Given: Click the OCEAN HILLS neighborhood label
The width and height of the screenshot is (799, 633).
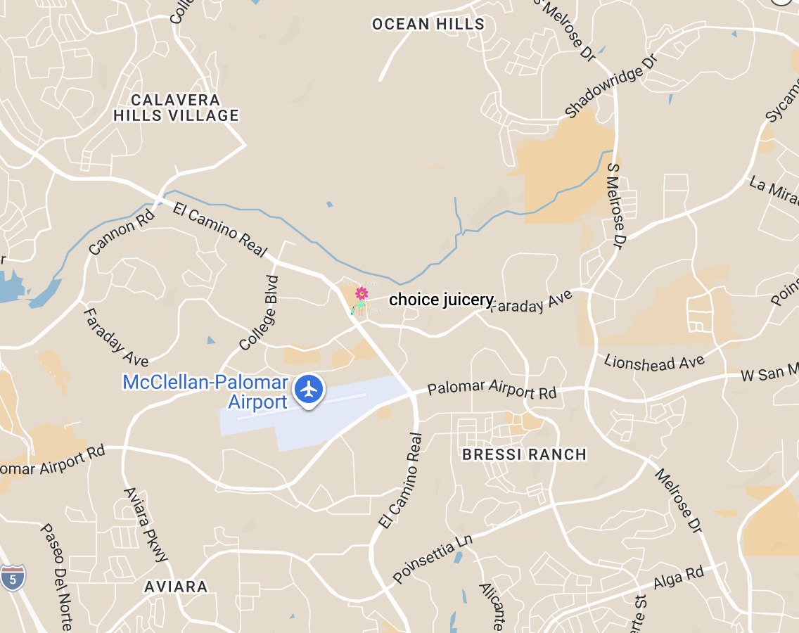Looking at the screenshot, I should coord(428,24).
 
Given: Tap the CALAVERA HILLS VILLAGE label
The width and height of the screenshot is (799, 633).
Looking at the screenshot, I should coord(176,108).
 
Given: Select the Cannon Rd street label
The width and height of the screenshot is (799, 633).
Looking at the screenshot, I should coord(121,229).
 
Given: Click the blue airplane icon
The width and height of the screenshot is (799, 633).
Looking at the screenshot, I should coord(308,389).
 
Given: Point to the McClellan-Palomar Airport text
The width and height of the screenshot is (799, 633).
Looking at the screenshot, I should coord(205,392).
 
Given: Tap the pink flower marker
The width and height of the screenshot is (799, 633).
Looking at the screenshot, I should coord(362,293).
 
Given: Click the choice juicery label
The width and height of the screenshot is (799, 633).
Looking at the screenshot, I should coord(441,300).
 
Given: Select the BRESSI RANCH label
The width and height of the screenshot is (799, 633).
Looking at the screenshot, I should coord(524,454).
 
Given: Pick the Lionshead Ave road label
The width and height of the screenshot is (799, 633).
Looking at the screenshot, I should coord(654,362).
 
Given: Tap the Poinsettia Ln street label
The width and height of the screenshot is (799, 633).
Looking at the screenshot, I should coord(432,558).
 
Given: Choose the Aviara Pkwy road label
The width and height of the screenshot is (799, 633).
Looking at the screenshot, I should coord(146,524).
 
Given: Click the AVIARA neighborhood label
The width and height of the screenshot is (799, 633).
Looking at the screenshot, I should coord(176,587).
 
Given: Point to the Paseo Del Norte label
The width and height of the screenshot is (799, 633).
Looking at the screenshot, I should coord(56,577).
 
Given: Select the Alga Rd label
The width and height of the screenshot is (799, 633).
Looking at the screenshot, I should coord(679,578).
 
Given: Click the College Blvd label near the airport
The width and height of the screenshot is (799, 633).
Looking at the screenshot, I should coord(259,313).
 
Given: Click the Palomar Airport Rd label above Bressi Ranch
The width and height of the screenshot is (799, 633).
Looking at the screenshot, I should coord(492,389).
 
